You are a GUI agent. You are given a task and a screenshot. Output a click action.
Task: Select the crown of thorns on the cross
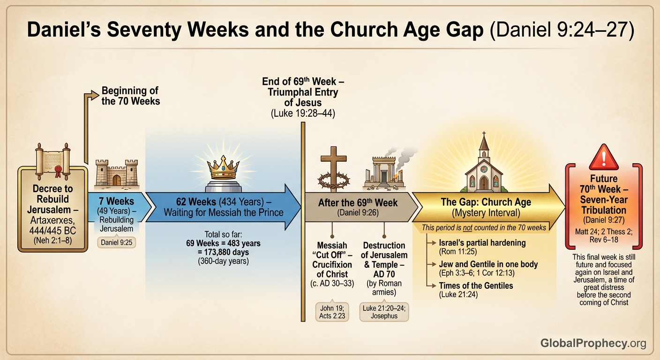pyautogui.click(x=334, y=180)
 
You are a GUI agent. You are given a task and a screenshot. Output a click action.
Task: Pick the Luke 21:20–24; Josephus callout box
pyautogui.click(x=383, y=311)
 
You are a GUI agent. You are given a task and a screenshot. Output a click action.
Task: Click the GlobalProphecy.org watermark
pyautogui.click(x=593, y=343)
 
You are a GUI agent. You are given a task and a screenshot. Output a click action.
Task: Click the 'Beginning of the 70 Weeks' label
pyautogui.click(x=130, y=96)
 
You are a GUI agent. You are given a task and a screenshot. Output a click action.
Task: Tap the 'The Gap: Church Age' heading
pyautogui.click(x=486, y=202)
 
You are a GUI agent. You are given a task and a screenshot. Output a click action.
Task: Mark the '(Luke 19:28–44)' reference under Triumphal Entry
pyautogui.click(x=303, y=113)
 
